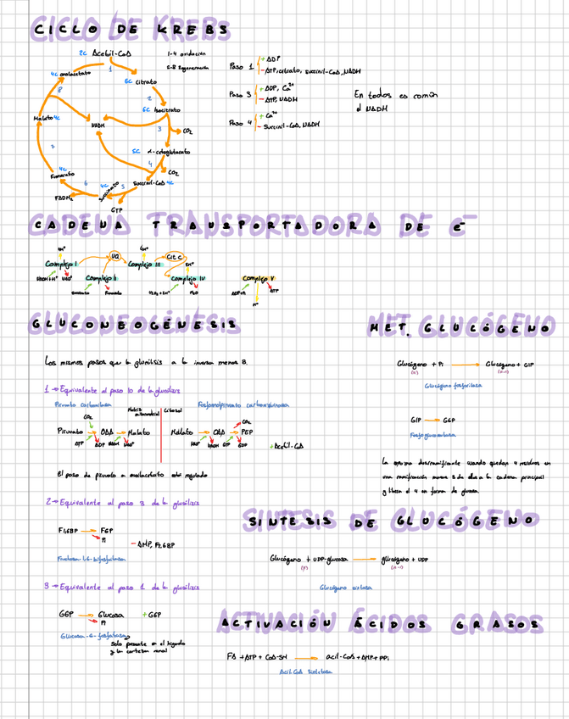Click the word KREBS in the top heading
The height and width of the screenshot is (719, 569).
click(192, 31)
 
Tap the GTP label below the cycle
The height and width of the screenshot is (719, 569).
click(116, 209)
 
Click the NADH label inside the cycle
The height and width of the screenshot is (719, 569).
click(97, 125)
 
